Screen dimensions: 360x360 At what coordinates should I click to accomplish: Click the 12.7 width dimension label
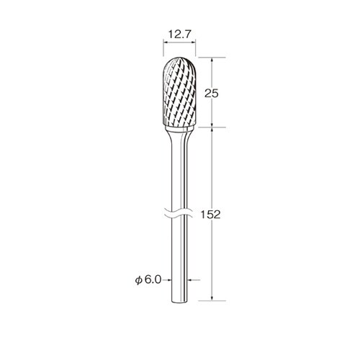(x=179, y=35)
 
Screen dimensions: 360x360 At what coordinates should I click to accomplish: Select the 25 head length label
(x=212, y=94)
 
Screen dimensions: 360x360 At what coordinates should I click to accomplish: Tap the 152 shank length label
(x=210, y=215)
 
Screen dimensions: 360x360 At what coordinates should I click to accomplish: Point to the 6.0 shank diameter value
(x=153, y=279)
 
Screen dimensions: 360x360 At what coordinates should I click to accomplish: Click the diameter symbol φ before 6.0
(x=139, y=280)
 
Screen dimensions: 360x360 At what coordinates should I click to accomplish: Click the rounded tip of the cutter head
(x=179, y=58)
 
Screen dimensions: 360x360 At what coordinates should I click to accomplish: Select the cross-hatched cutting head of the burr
(x=179, y=91)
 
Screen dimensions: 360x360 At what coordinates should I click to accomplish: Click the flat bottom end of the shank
(x=179, y=302)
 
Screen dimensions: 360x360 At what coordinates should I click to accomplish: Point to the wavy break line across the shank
(x=179, y=213)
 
